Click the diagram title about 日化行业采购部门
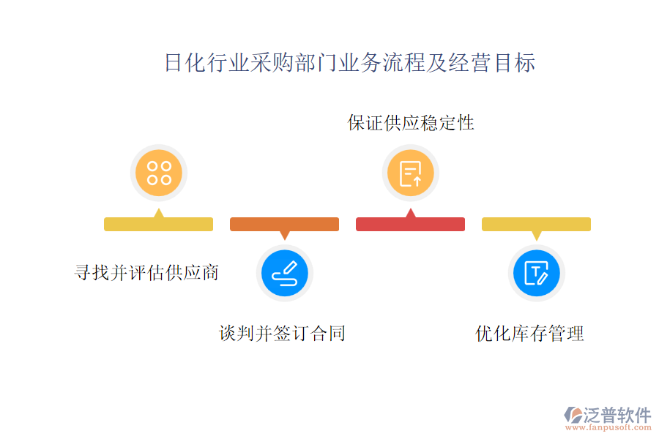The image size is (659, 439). [x=349, y=63]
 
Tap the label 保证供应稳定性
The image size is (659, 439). [x=411, y=122]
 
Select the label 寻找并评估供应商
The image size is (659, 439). [x=146, y=272]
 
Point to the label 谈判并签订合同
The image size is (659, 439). [x=282, y=334]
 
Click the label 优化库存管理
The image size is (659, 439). [x=529, y=334]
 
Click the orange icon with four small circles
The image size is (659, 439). [x=159, y=173]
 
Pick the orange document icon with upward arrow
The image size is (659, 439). [x=411, y=173]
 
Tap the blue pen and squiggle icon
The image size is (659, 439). [x=285, y=273]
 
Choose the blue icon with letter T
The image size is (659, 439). [x=537, y=273]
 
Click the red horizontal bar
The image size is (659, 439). [x=410, y=225]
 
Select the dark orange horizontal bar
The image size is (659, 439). [x=284, y=225]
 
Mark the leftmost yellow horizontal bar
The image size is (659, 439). [x=158, y=225]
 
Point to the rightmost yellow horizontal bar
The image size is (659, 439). [x=536, y=225]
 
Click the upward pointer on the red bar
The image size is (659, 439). [x=411, y=213]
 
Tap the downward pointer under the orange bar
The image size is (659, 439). [x=285, y=236]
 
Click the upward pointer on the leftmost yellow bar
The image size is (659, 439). [x=159, y=213]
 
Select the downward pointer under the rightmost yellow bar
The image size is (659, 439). [x=537, y=236]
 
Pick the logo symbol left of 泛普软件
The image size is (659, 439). [x=572, y=416]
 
